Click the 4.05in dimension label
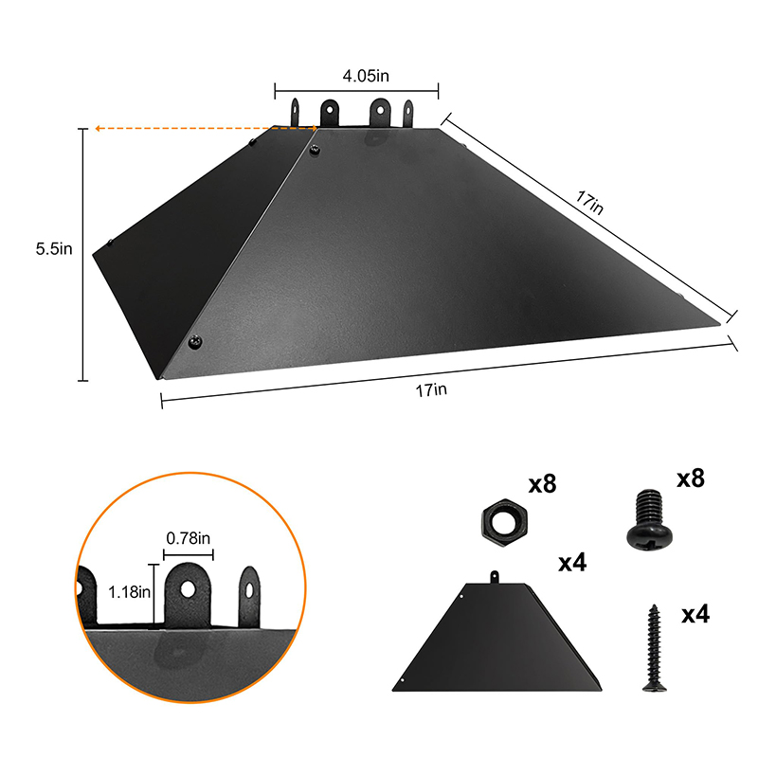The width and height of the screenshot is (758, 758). tap(366, 76)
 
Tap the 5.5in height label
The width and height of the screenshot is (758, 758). tap(54, 249)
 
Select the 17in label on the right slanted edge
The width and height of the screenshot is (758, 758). tap(589, 203)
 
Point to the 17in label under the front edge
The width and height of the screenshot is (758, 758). tap(431, 390)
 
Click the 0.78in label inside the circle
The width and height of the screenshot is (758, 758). tap(188, 538)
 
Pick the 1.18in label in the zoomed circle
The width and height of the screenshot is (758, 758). tap(129, 592)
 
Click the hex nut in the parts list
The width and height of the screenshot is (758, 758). tap(505, 523)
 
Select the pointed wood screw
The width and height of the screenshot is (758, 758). tap(654, 648)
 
